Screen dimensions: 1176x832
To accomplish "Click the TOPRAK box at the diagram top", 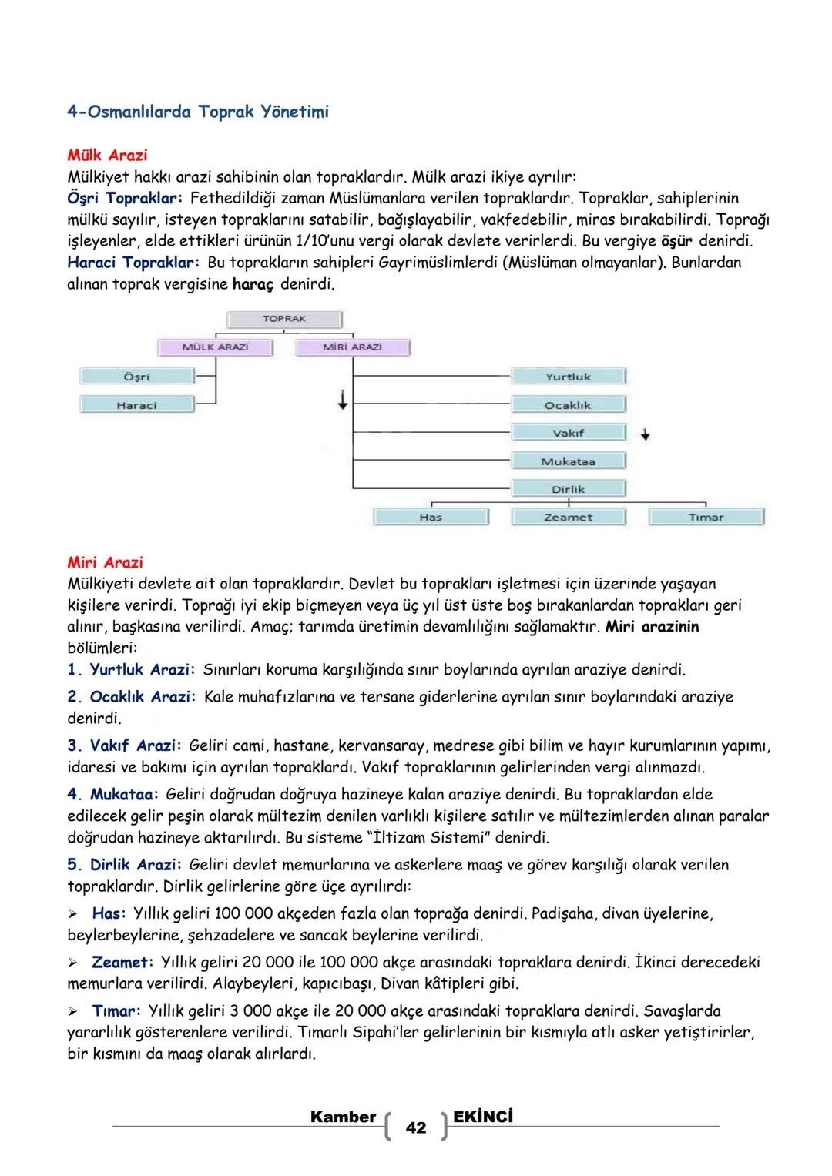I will [284, 319].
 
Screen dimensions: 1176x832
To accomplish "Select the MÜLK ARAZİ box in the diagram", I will [215, 347].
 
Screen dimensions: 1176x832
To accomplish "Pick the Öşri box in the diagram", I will [136, 377].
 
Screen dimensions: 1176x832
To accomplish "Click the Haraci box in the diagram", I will [136, 405].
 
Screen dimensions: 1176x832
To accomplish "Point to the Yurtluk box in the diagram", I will [568, 377].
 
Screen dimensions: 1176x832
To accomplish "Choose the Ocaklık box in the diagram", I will [568, 405].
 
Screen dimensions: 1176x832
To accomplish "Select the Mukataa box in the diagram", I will [568, 461].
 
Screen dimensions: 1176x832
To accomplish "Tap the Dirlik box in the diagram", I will [568, 489].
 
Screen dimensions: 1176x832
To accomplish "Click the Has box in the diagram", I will [430, 518].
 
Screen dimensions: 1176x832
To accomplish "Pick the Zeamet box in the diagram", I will [568, 518].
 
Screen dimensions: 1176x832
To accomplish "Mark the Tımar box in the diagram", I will [706, 518].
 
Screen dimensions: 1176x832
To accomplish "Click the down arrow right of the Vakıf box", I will [646, 434].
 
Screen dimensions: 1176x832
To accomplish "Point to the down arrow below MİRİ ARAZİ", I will [342, 400].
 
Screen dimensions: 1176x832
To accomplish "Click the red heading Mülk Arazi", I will [107, 156].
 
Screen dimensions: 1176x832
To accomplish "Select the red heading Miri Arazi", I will [105, 563].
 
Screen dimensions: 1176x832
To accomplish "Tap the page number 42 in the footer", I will [415, 1128].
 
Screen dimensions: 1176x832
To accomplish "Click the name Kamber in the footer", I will [343, 1117].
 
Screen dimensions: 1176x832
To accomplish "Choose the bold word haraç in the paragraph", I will [253, 284].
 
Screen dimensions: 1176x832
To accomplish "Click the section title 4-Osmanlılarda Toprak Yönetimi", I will [198, 112].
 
